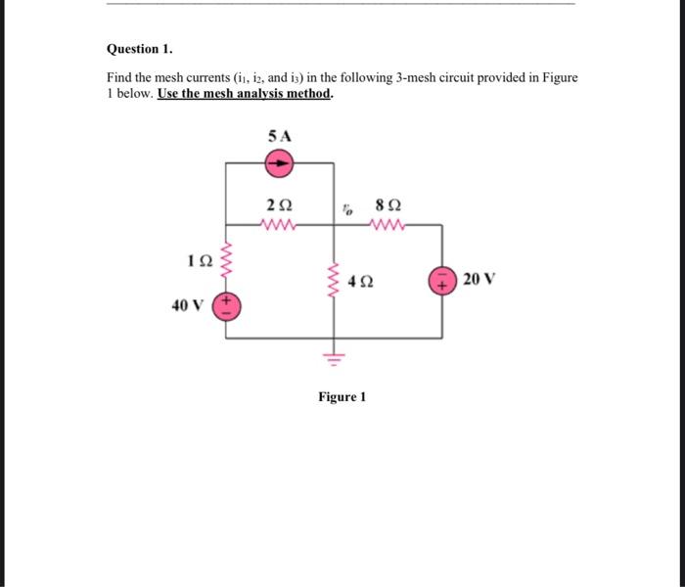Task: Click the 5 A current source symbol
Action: pyautogui.click(x=280, y=165)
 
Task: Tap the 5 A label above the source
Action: pyautogui.click(x=279, y=136)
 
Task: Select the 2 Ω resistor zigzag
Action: pyautogui.click(x=280, y=226)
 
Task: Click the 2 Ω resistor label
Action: pyautogui.click(x=279, y=206)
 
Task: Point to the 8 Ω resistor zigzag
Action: pyautogui.click(x=388, y=226)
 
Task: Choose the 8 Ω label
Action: pyautogui.click(x=388, y=206)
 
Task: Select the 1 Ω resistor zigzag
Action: pyautogui.click(x=227, y=261)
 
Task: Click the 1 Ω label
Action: pyautogui.click(x=199, y=262)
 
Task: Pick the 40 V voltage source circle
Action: pyautogui.click(x=227, y=305)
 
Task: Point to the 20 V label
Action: pyautogui.click(x=479, y=280)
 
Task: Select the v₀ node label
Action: pyautogui.click(x=347, y=207)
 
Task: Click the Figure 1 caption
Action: pyautogui.click(x=342, y=397)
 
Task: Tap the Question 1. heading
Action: pyautogui.click(x=140, y=48)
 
